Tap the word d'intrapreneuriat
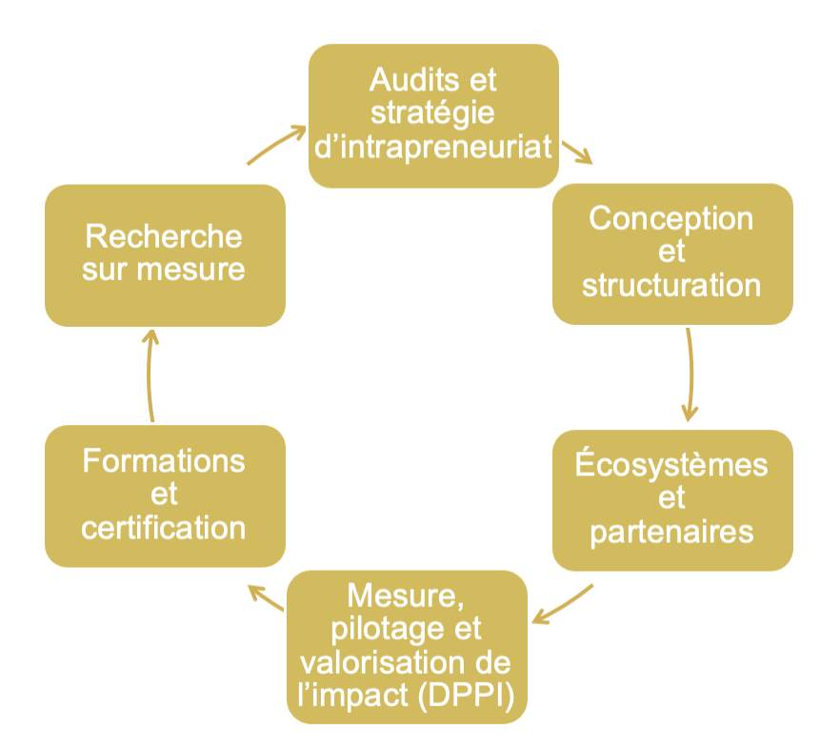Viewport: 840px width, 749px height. [433, 147]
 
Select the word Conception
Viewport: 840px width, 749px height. [671, 218]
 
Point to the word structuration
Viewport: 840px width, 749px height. [671, 285]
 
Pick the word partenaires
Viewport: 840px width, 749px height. [672, 531]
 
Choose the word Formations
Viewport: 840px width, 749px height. [164, 461]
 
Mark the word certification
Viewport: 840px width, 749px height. [164, 527]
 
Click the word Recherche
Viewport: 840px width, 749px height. [164, 236]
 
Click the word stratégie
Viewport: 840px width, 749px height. [433, 112]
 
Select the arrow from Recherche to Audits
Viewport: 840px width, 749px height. [275, 144]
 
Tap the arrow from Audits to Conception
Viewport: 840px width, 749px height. [576, 152]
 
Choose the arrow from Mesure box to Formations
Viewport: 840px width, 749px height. [266, 597]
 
